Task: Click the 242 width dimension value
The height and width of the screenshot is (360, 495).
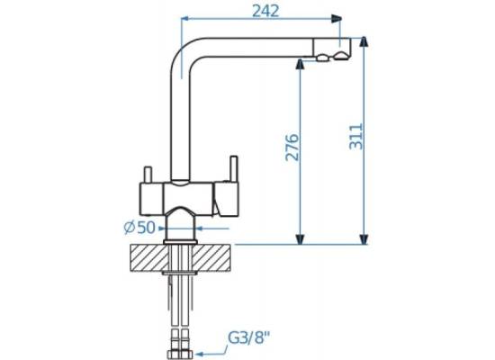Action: coord(265,12)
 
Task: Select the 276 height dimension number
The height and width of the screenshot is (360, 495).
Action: coord(292,148)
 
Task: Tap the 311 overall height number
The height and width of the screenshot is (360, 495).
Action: coord(356,137)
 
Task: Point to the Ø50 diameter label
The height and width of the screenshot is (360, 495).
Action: coord(139,228)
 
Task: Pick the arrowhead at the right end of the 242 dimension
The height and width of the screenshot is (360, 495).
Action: coord(337,19)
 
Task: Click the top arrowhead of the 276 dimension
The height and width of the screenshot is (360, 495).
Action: coord(300,65)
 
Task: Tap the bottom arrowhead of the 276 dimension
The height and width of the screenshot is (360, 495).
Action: coord(300,239)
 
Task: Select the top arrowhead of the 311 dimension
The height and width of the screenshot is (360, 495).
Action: coord(364,42)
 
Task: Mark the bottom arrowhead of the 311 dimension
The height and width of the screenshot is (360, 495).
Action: coord(364,239)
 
